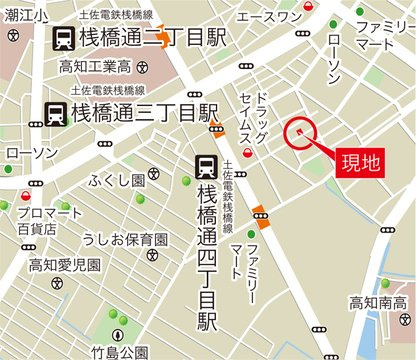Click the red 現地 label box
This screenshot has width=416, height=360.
pyautogui.click(x=354, y=162)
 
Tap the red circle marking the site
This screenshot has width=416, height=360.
pyautogui.click(x=299, y=131)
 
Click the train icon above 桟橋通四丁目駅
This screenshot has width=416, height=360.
pyautogui.click(x=208, y=163)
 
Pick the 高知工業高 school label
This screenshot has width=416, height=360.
pyautogui.click(x=95, y=67)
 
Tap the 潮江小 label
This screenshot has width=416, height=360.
pyautogui.click(x=24, y=19)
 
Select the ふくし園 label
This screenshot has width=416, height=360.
pyautogui.click(x=117, y=180)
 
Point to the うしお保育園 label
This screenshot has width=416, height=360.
pyautogui.click(x=125, y=240)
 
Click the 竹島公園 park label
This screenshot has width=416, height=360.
pyautogui.click(x=119, y=351)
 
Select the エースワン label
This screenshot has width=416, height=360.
pyautogui.click(x=269, y=16)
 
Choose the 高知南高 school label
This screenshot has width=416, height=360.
pyautogui.click(x=378, y=301)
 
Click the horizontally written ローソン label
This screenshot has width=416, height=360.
pyautogui.click(x=31, y=152)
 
